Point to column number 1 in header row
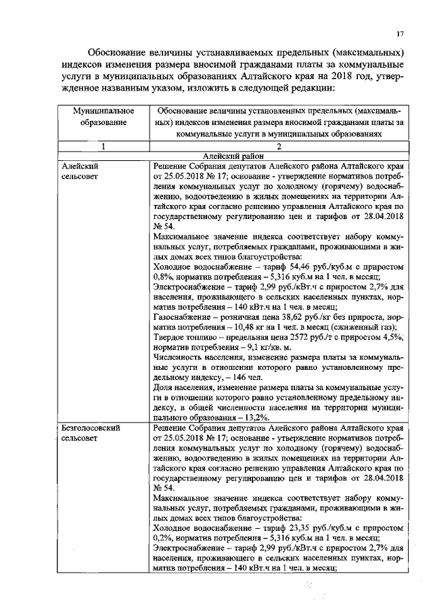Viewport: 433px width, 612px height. (102, 146)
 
